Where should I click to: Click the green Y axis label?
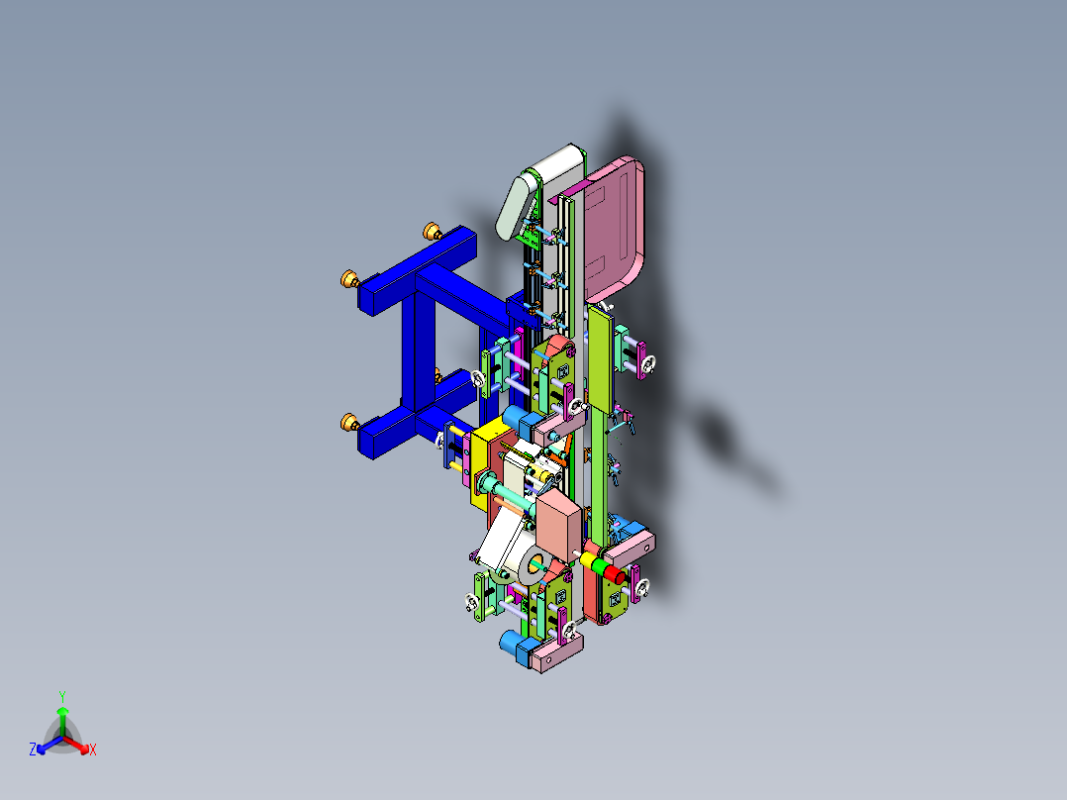pyautogui.click(x=62, y=695)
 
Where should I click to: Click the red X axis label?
pyautogui.click(x=93, y=750)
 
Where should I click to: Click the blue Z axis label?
pyautogui.click(x=33, y=750)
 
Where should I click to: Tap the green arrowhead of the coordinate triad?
pyautogui.click(x=62, y=711)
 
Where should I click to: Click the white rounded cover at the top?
pyautogui.click(x=539, y=188)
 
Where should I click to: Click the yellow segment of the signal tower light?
pyautogui.click(x=589, y=561)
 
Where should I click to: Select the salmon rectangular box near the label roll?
pyautogui.click(x=559, y=525)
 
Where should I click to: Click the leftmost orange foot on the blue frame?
pyautogui.click(x=348, y=278)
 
